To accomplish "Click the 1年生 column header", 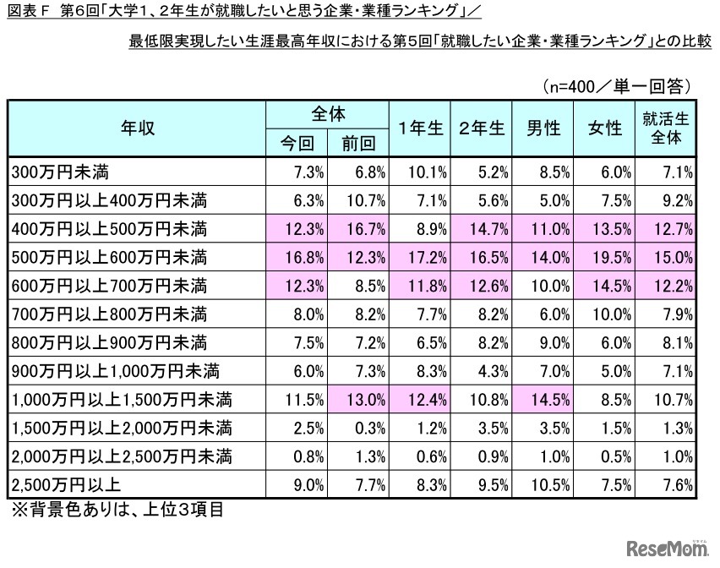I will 421,128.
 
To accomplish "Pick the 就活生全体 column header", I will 665,128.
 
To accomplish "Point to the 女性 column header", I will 604,128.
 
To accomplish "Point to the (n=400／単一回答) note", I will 618,85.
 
